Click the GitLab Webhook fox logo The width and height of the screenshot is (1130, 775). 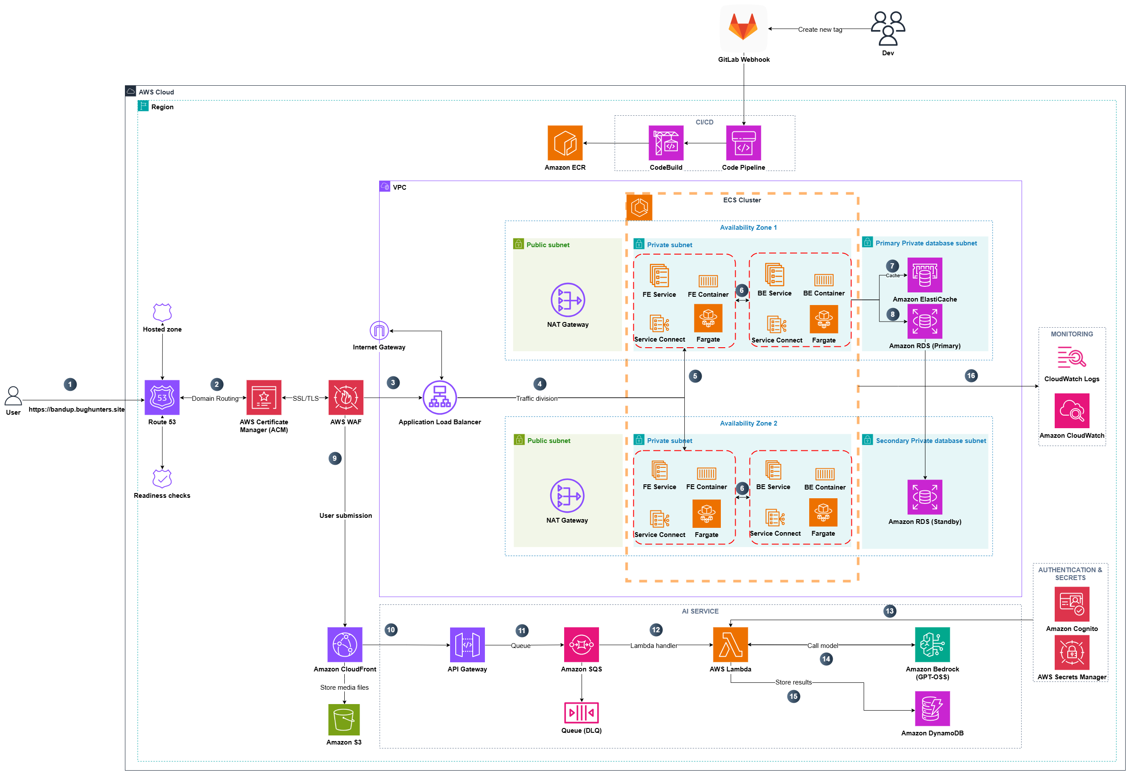pos(743,27)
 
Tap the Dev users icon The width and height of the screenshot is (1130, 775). pos(888,28)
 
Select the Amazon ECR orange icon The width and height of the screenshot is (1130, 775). pos(565,143)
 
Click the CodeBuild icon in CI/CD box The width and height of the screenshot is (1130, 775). pos(666,143)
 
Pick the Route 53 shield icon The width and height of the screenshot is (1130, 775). pos(162,397)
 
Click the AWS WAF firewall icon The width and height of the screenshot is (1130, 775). pos(346,397)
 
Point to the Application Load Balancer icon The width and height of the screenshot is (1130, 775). pos(440,397)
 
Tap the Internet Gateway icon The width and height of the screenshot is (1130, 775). pos(379,331)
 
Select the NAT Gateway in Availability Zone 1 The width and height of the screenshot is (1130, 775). pos(568,299)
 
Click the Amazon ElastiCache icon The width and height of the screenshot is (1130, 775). pos(924,275)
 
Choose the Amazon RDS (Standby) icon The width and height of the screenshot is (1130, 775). pos(924,497)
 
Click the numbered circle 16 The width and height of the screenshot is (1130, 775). pos(971,376)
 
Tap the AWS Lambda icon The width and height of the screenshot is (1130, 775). pos(730,645)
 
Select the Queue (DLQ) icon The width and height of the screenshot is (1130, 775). pos(581,713)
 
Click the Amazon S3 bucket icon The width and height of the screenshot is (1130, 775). pos(344,720)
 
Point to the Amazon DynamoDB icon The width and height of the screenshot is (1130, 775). pos(932,709)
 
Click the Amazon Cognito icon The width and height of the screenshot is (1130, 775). pos(1071,604)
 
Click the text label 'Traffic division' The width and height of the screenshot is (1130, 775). pos(536,398)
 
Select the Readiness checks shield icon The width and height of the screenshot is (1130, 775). pos(162,478)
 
